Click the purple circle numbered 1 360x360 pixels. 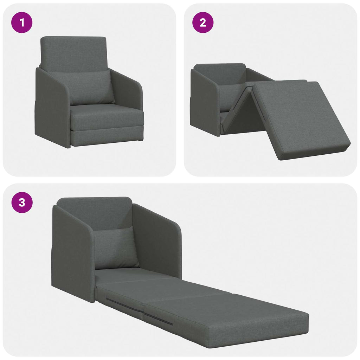click(22, 23)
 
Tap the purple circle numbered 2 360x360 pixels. click(203, 23)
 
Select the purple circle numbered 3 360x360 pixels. click(22, 203)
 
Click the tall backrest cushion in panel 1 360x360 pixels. click(73, 53)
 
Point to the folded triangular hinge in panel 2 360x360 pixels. click(243, 109)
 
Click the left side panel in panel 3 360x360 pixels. click(72, 253)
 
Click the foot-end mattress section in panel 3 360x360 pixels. click(232, 316)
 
